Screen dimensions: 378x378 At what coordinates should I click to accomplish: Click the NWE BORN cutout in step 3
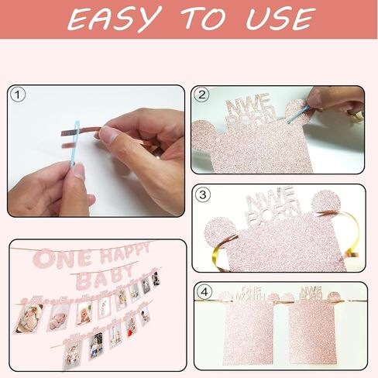(x=284, y=206)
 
